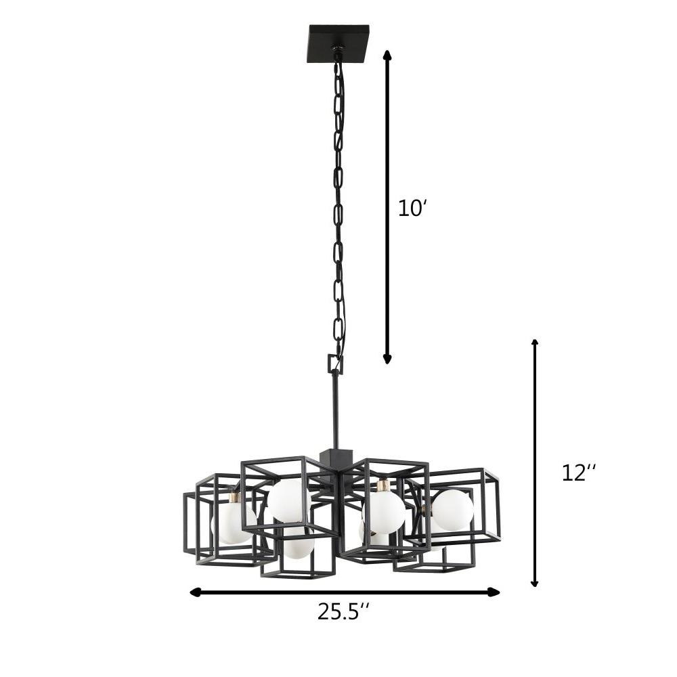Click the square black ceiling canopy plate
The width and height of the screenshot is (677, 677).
(x=339, y=43)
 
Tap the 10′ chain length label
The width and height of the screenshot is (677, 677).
(x=412, y=209)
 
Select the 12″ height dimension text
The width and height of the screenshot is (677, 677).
(x=579, y=473)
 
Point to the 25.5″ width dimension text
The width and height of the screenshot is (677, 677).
(x=344, y=611)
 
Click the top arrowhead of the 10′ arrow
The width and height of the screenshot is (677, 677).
(x=387, y=55)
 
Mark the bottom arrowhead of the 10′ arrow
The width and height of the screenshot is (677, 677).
(x=387, y=358)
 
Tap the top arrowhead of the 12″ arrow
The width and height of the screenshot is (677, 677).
(x=535, y=344)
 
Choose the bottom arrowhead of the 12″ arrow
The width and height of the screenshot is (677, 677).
(x=535, y=582)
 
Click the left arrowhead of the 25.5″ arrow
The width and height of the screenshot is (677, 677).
(x=196, y=592)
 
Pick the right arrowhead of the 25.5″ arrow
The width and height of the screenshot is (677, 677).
(x=494, y=592)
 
